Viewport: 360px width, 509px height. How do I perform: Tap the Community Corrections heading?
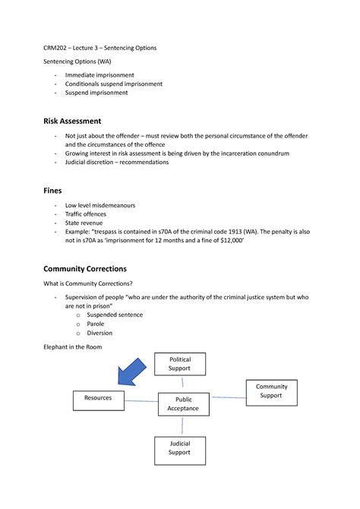[x=84, y=268]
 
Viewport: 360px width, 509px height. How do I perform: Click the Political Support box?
[x=179, y=363]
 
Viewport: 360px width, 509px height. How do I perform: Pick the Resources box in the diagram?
[x=98, y=398]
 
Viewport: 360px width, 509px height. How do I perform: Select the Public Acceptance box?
[x=183, y=404]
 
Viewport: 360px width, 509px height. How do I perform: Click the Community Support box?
[x=271, y=391]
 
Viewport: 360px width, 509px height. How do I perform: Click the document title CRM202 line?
[x=99, y=47]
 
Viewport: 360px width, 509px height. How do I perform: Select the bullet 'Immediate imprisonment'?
[x=99, y=75]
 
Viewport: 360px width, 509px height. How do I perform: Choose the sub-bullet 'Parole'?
[x=96, y=324]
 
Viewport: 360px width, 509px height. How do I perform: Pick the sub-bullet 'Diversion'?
[x=99, y=333]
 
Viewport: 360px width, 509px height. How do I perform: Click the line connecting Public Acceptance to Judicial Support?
[x=180, y=426]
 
